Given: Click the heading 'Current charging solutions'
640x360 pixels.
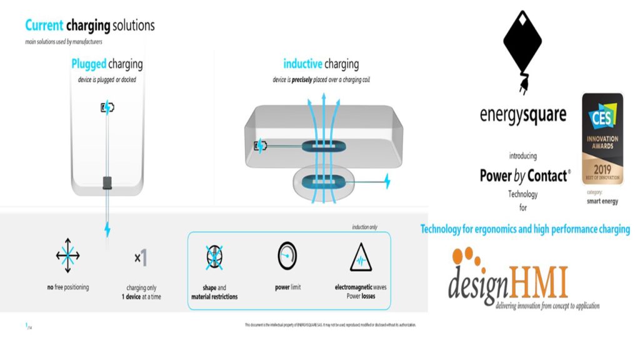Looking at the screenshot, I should tap(90, 26).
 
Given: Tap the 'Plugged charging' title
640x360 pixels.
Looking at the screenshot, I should tap(107, 64).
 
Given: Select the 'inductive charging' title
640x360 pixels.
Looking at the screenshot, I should tap(321, 64).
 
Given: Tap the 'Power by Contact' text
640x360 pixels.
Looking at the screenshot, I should tap(524, 176).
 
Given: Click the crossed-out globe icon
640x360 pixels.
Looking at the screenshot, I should tap(215, 256).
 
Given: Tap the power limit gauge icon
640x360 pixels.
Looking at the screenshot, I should tap(286, 255).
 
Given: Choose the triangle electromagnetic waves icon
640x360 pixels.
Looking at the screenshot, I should tap(361, 257).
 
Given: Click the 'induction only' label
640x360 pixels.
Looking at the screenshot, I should tap(365, 227).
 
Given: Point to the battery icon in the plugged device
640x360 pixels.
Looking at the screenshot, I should tap(107, 107).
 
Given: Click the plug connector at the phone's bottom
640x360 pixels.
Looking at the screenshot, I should tap(107, 182).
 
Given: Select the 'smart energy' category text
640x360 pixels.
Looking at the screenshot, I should tap(602, 202).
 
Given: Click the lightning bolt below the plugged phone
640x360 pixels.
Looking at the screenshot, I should tap(107, 229).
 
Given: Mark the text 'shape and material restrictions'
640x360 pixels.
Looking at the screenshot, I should tap(215, 292).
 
